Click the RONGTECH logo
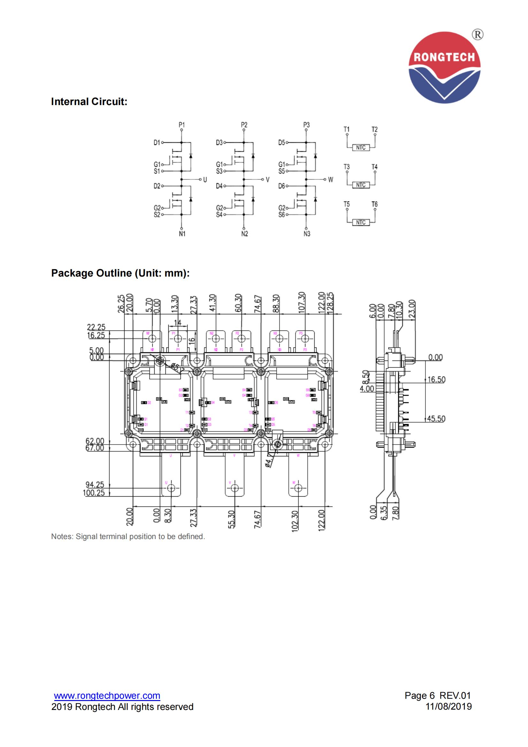pyautogui.click(x=444, y=68)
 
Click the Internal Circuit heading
pyautogui.click(x=89, y=102)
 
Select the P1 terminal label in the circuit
pyautogui.click(x=181, y=125)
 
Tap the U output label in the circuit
pyautogui.click(x=205, y=179)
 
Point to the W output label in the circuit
pyautogui.click(x=331, y=179)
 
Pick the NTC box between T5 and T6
pyautogui.click(x=361, y=223)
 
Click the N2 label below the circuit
pyautogui.click(x=244, y=233)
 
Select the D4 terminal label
pyautogui.click(x=219, y=186)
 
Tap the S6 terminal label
pyautogui.click(x=281, y=215)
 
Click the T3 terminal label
pyautogui.click(x=347, y=167)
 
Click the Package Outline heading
pyautogui.click(x=120, y=273)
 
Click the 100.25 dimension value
pyautogui.click(x=94, y=492)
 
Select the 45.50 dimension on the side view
pyautogui.click(x=436, y=419)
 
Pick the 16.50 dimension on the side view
pyautogui.click(x=436, y=379)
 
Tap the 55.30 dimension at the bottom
pyautogui.click(x=231, y=519)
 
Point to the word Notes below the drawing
pyautogui.click(x=62, y=537)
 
